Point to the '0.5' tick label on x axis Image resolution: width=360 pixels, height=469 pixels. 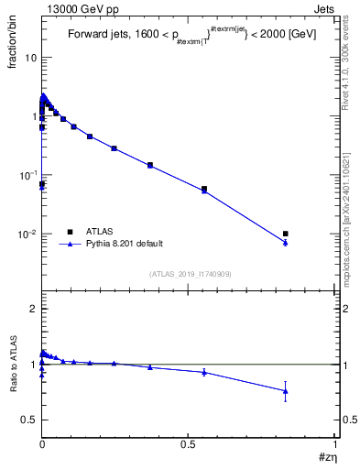coord(189,443)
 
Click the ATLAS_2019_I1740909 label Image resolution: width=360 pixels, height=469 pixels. coord(189,274)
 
